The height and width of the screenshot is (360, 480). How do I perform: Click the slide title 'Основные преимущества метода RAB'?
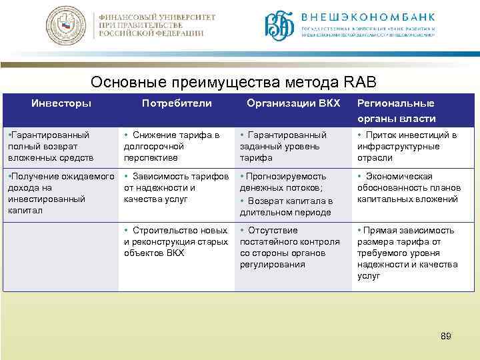coord(234,81)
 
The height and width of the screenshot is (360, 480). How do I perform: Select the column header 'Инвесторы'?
coord(61,103)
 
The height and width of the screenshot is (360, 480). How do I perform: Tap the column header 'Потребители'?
coord(177,103)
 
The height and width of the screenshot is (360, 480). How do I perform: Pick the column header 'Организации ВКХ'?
coord(293,103)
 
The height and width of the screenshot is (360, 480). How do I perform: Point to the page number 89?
coord(446,336)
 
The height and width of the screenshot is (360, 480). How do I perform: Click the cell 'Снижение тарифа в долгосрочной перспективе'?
coord(174,146)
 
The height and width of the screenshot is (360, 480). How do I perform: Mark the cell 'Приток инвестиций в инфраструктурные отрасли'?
coord(407,146)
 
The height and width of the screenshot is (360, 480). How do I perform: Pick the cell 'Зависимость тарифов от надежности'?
coord(177,187)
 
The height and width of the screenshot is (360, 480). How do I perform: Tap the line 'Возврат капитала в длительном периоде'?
coord(288,207)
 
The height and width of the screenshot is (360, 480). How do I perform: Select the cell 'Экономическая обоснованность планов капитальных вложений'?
coord(407,187)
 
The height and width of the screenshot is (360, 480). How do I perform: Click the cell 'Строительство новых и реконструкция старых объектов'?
coord(177,241)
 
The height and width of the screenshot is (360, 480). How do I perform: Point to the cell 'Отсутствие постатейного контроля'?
coord(290,247)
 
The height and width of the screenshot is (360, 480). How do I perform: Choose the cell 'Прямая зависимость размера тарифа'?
coord(407,253)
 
